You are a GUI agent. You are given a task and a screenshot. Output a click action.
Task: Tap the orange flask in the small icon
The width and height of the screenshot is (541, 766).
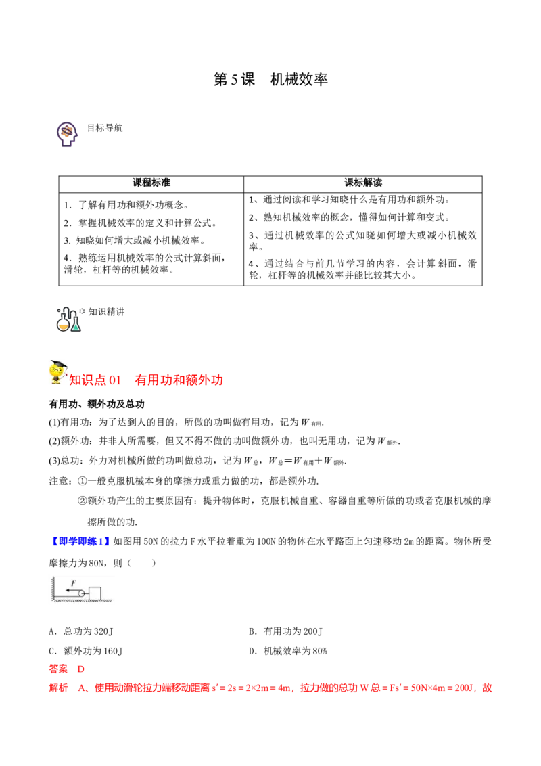(x=64, y=325)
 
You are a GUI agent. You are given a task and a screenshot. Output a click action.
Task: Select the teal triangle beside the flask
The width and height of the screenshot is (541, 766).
(x=76, y=327)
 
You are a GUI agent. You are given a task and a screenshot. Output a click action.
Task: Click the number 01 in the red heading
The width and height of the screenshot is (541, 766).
(x=116, y=381)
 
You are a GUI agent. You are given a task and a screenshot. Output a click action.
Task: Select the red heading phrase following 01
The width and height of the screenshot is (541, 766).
(x=179, y=381)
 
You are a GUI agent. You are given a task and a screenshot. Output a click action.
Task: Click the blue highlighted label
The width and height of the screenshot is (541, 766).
(x=80, y=541)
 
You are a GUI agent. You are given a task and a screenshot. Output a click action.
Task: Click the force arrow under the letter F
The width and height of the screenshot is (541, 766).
(x=72, y=590)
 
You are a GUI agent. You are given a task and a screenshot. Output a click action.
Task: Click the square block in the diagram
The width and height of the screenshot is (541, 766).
(x=95, y=593)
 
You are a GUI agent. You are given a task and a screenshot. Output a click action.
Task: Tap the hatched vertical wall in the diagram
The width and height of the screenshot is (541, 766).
(x=49, y=589)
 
